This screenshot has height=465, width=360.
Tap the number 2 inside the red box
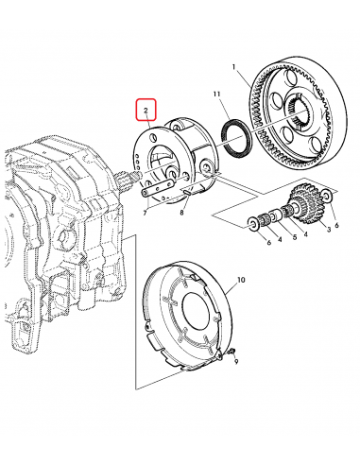tap(146, 111)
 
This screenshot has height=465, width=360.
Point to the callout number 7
tap(144, 214)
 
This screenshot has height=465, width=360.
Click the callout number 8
tap(181, 215)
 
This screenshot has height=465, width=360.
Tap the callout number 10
tap(241, 281)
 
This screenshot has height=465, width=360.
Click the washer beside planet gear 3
tap(326, 195)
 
